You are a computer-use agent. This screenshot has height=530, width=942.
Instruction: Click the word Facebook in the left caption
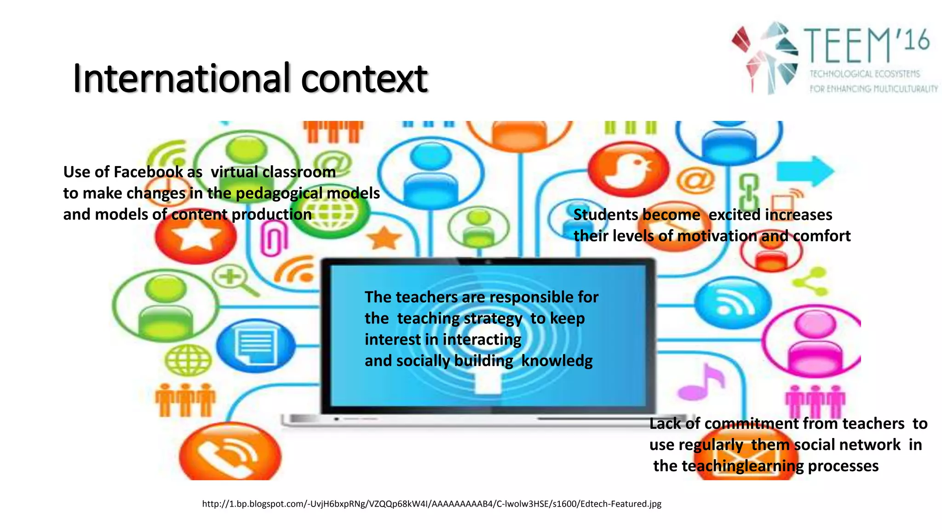coord(148,172)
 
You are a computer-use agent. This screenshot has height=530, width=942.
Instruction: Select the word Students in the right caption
coord(606,215)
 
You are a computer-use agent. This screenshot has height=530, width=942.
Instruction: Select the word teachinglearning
coord(742,466)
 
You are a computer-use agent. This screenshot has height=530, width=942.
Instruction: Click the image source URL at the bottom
coord(431,504)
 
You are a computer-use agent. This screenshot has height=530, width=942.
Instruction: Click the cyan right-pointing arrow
coord(805,171)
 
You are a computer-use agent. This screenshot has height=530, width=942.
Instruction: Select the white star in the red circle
coord(196,237)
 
